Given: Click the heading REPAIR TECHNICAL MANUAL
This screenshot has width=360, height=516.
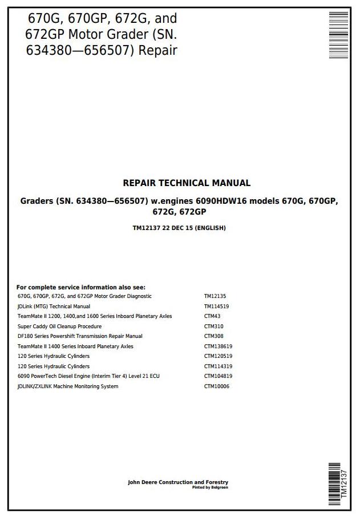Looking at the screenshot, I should pos(187,183).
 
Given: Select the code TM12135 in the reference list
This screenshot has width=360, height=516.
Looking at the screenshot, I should pos(215,297).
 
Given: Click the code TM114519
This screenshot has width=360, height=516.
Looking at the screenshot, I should pos(217,307).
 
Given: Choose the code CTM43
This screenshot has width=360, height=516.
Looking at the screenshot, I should pos(212,316).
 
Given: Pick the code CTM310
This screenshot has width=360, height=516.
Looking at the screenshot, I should pos(213,326).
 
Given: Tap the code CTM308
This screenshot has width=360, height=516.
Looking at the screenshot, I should pos(213,336).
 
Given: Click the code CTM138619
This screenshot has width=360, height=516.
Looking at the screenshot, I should pos(219,346).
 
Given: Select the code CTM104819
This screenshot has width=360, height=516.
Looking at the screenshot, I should pos(219,376).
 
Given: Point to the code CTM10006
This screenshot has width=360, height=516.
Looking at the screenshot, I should pos(217,386).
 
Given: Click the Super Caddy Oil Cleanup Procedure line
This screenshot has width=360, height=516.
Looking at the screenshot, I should pos(59,326).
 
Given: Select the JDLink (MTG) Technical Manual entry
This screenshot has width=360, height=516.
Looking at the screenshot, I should pos(54,307).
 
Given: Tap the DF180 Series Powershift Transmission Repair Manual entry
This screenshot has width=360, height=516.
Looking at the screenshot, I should pos(80,336).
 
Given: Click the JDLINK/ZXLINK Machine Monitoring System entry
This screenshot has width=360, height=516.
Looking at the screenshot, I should pos(68,386).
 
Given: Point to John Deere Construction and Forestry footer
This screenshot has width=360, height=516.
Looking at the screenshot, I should pos(178,482).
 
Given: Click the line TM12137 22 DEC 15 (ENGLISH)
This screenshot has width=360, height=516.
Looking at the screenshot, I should pos(179,228).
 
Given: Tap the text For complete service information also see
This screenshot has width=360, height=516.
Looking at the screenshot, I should pos(81,287).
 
